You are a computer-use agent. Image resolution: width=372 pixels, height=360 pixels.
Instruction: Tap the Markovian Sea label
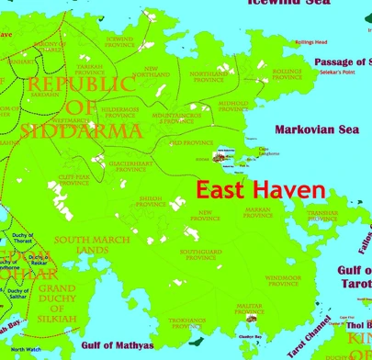pos(322,130)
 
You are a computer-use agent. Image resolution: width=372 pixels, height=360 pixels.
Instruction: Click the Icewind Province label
pos(119,42)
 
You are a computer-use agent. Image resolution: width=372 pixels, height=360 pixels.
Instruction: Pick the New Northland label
pos(157,72)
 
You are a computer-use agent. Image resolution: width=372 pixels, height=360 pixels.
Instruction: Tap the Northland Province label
pos(208,76)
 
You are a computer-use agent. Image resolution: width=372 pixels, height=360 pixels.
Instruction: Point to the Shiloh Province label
pos(151,201)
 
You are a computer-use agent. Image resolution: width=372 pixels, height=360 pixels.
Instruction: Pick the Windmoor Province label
pos(283,278)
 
